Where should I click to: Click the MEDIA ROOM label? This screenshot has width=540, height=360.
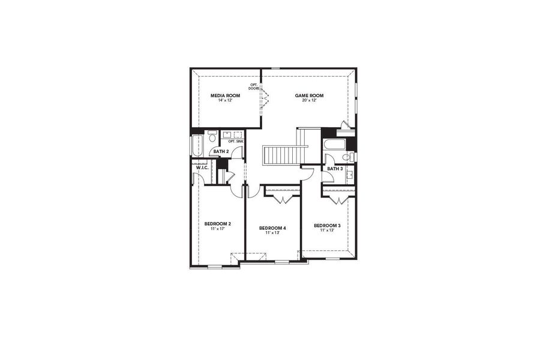click(x=225, y=95)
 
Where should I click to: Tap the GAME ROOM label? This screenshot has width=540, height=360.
click(x=309, y=95)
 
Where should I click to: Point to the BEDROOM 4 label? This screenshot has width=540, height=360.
click(x=272, y=228)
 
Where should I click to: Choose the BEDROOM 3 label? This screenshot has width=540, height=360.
click(x=327, y=226)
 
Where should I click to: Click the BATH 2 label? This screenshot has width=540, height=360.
click(x=221, y=151)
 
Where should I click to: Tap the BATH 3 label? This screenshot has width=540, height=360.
click(x=335, y=169)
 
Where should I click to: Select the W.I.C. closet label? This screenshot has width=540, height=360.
click(x=202, y=167)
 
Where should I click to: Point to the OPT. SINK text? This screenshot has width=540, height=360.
click(x=235, y=142)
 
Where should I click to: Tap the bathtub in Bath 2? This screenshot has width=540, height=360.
click(x=197, y=145)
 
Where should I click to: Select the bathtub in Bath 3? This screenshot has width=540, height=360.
click(x=334, y=145)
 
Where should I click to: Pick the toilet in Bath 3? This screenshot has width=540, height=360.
click(x=346, y=157)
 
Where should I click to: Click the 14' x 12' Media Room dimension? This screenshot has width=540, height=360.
click(x=225, y=100)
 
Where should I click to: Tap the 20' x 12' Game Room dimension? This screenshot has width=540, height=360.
click(x=309, y=100)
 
